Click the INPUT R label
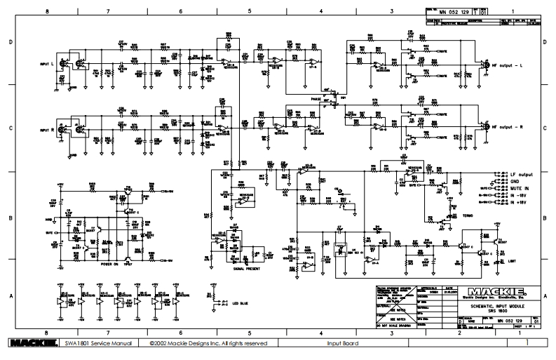[39, 131]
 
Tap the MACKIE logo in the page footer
[29, 343]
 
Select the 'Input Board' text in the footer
[342, 344]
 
